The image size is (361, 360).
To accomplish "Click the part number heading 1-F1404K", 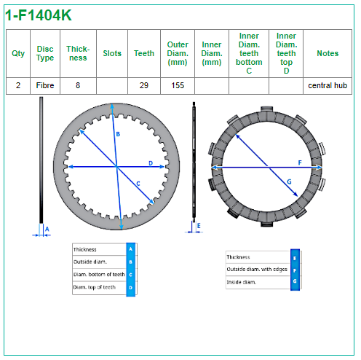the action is [x=39, y=15].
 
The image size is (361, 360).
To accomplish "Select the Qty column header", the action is [x=18, y=53].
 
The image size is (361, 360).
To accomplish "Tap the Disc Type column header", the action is [x=45, y=53].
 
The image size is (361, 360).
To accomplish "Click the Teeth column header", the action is [x=144, y=53].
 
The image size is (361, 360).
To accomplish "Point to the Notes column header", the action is [x=328, y=53].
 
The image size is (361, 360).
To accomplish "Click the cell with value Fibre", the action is [x=45, y=85].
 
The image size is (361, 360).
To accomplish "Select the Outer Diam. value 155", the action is [x=178, y=85].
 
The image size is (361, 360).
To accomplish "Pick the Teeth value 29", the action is [x=144, y=85].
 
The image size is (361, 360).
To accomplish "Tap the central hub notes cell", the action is [x=328, y=85].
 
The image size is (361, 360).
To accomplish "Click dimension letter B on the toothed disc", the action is [x=118, y=134].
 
